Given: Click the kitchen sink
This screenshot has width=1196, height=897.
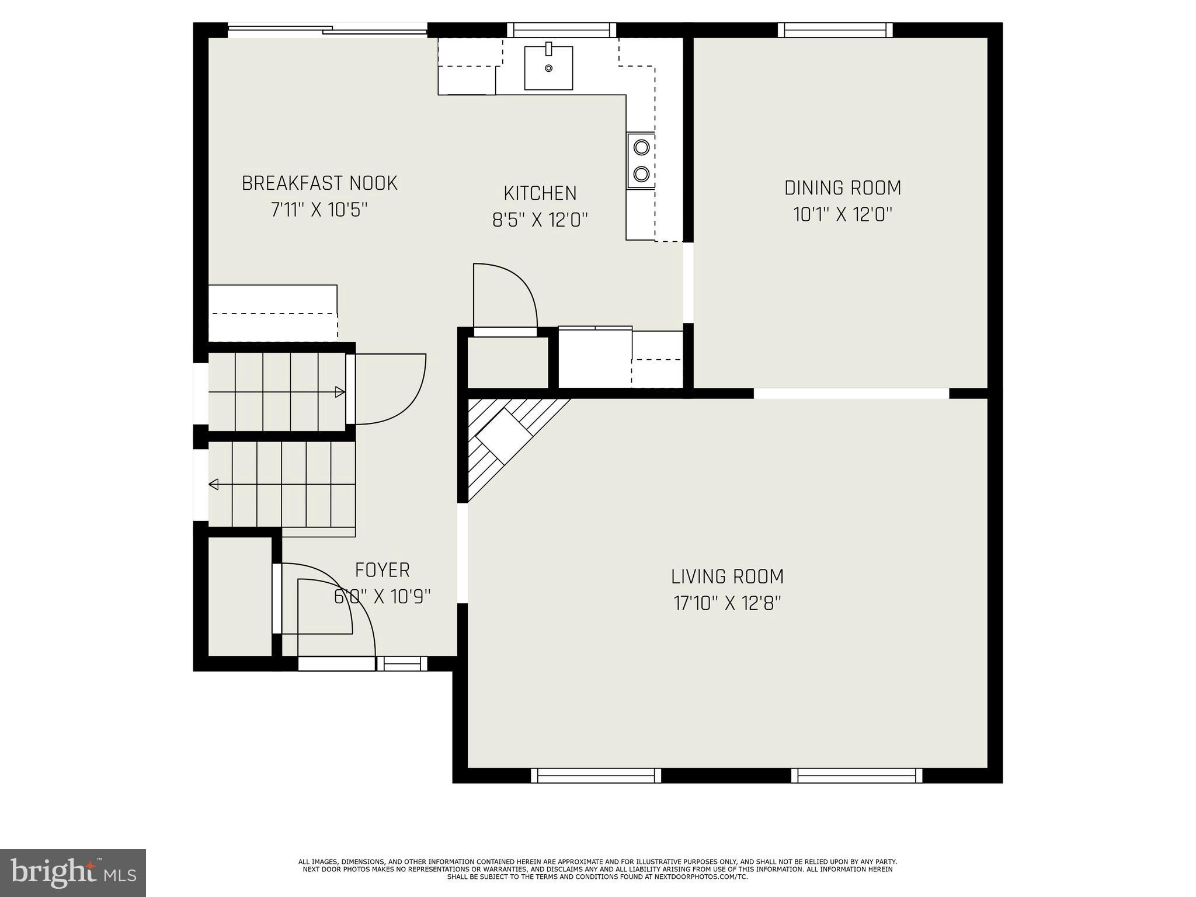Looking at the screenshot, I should point(548,68).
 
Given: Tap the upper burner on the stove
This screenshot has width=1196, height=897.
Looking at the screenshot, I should point(641,147).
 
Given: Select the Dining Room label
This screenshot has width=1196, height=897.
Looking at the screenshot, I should point(842,188).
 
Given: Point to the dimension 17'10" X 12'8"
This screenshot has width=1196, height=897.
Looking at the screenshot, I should point(727,603).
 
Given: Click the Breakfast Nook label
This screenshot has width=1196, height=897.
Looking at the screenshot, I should point(319,183).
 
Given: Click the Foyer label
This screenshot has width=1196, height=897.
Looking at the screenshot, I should point(383,570).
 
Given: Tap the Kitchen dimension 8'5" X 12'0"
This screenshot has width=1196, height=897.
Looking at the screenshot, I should point(540,220).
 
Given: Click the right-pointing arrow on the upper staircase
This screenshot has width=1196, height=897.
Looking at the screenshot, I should point(339,392).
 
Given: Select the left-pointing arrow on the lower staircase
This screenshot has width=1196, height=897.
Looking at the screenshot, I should point(214,484).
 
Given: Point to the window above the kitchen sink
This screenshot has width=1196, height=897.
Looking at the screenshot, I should point(561,30).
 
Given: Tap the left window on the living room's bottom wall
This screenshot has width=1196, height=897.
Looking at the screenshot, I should point(596,776).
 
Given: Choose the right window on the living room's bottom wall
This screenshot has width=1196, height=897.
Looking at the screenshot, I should point(856,776).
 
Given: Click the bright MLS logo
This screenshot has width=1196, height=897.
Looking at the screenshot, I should point(72,872).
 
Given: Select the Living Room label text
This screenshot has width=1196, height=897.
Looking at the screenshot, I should point(727,577).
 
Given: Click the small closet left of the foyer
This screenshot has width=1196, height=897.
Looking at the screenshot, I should point(240,596).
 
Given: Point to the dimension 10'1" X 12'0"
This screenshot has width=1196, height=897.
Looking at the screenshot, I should point(842,215).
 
